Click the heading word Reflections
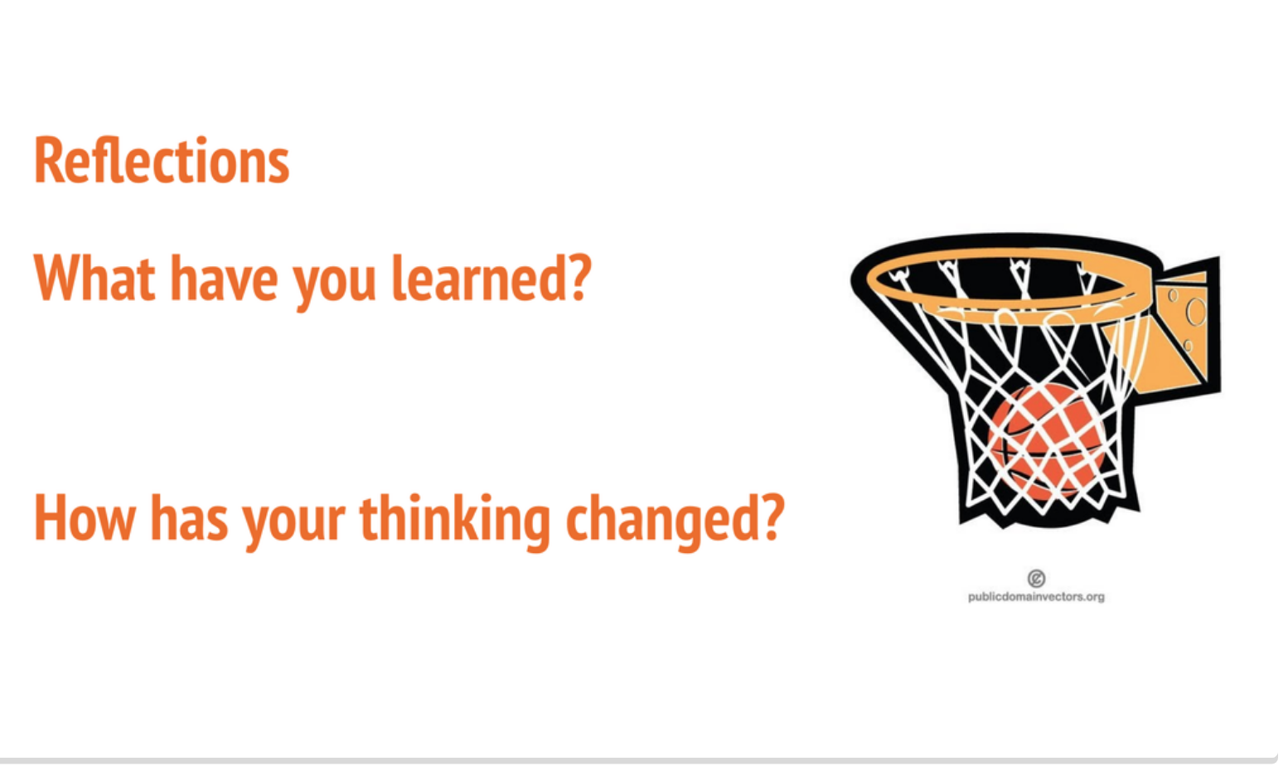(x=162, y=161)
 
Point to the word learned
(x=480, y=279)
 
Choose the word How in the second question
(x=84, y=518)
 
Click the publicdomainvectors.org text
(x=1036, y=597)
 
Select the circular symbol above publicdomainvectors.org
(x=1036, y=578)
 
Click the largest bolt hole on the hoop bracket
(x=1196, y=312)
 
